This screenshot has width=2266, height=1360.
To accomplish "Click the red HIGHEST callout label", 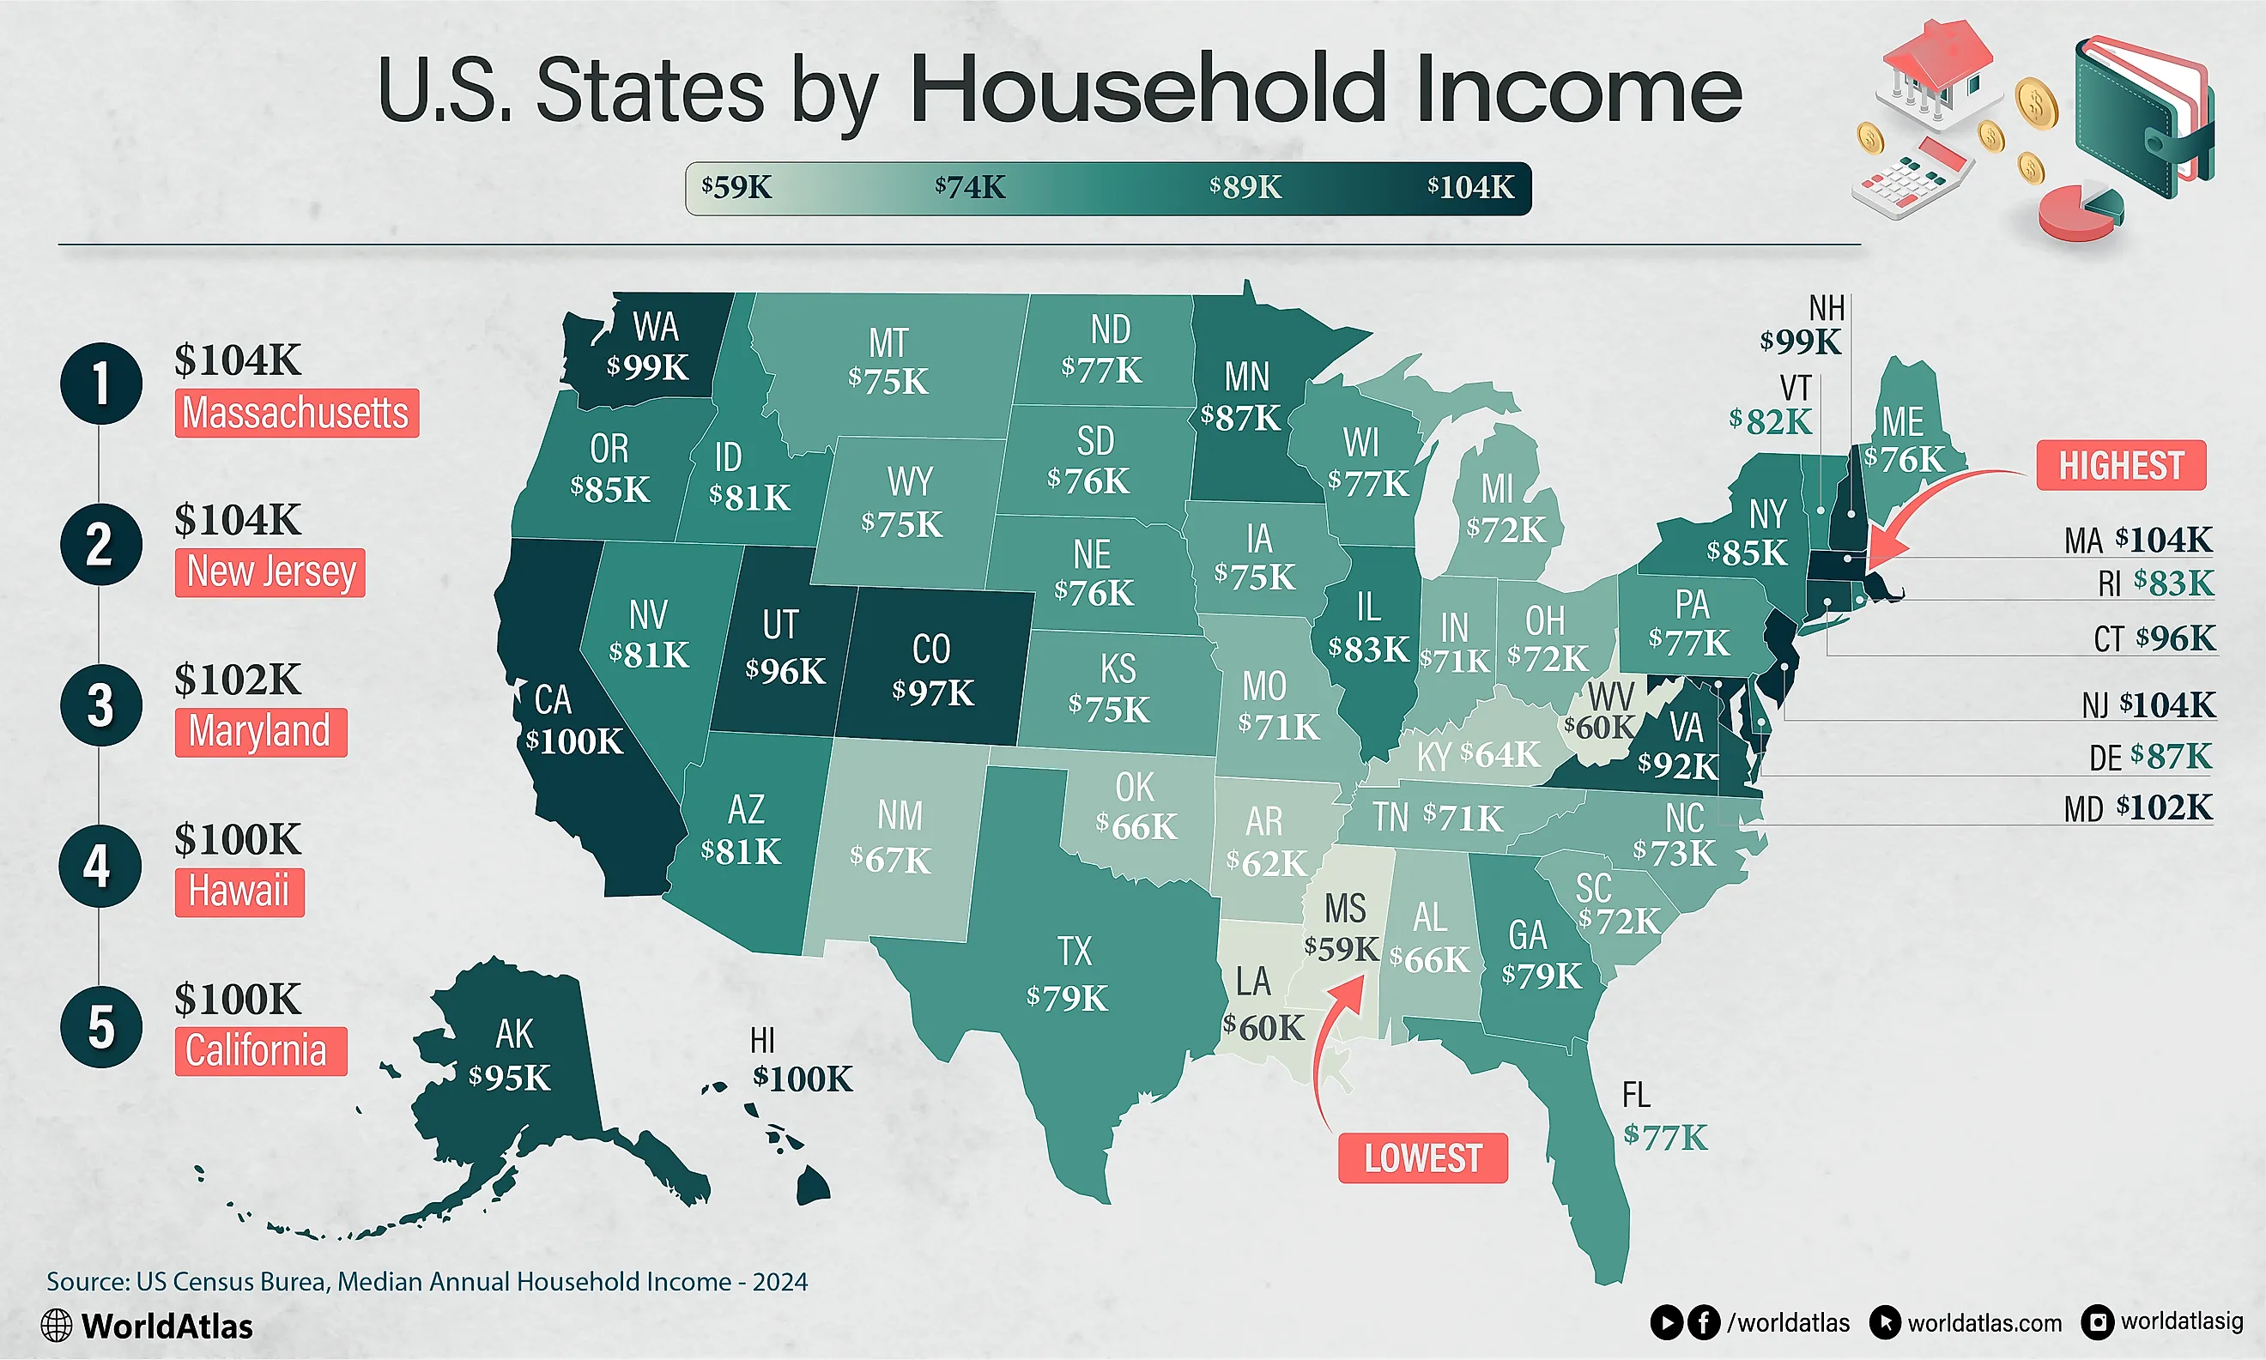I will coord(2120,466).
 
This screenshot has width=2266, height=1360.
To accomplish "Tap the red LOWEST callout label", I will coord(1421,1158).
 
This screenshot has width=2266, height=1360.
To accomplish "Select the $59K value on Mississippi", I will coord(1341,948).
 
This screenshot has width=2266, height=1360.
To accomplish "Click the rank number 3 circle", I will coord(100,704).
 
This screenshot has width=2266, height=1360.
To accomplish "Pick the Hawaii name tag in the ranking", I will coord(239,891).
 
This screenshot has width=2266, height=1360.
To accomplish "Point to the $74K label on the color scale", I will coord(970,188).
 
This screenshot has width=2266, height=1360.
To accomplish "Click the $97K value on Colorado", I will coord(932,692).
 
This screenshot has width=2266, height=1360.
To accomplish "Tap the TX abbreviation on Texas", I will coord(1075,952).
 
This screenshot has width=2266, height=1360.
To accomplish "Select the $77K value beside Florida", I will coord(1664,1137).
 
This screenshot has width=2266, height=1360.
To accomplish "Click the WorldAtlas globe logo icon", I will coord(57,1325).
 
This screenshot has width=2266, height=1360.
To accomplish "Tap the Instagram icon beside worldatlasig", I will coord(2097,1322).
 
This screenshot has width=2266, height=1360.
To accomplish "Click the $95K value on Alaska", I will coord(510,1078).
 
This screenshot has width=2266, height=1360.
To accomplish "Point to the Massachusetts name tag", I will coord(296,414).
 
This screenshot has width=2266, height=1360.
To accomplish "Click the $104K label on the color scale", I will coord(1470,188).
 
